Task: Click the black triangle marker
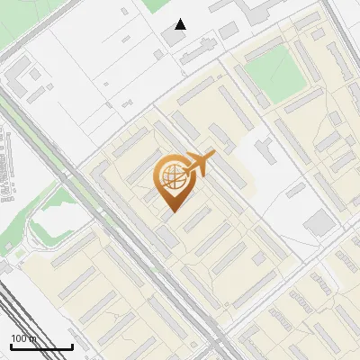click(181, 24)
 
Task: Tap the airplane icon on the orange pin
click(196, 164)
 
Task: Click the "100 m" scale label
click(24, 338)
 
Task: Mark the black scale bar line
click(41, 346)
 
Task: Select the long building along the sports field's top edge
click(270, 40)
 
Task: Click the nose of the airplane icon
click(213, 157)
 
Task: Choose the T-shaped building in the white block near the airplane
click(266, 148)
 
